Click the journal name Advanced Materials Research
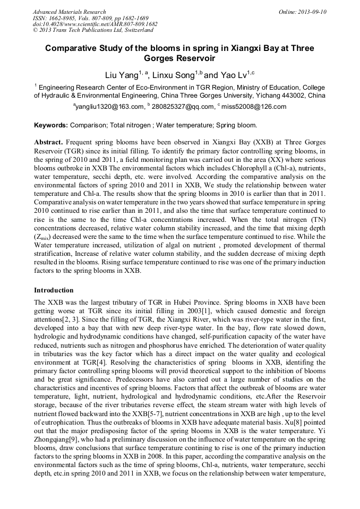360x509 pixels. click(x=69, y=12)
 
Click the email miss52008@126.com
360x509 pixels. click(x=253, y=107)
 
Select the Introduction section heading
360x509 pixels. click(x=54, y=290)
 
